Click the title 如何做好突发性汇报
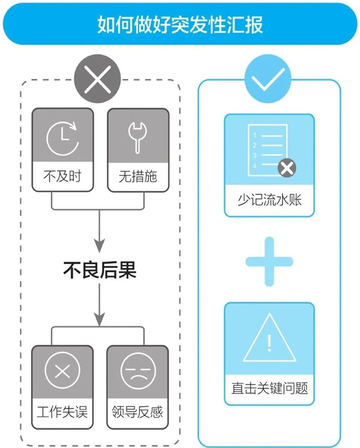[x=180, y=24]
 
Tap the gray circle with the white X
[x=98, y=79]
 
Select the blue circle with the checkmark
[x=268, y=79]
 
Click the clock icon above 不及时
[x=63, y=139]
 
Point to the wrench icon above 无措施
[x=137, y=138]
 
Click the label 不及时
[x=63, y=176]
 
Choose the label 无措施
[x=138, y=177]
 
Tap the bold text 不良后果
[x=100, y=270]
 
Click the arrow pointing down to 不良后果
[x=99, y=231]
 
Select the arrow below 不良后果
[x=99, y=305]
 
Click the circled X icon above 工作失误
[x=63, y=370]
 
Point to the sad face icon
[x=139, y=371]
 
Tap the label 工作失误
[x=62, y=411]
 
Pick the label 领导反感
[x=137, y=411]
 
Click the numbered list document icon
[x=268, y=150]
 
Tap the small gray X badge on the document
[x=287, y=168]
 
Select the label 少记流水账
[x=270, y=200]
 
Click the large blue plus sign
[x=269, y=261]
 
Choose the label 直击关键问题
[x=270, y=388]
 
